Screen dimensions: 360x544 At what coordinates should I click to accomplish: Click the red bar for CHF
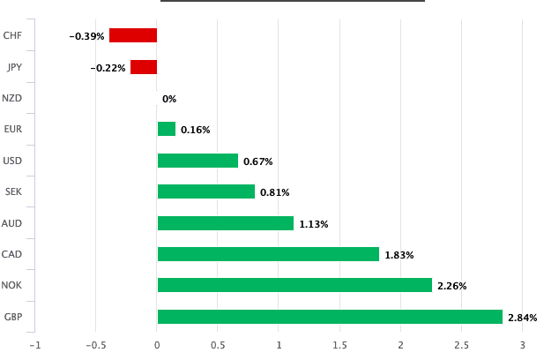(133, 35)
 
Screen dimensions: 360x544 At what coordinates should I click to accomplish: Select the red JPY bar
(144, 67)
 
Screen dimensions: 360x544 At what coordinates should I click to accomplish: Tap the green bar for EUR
(167, 129)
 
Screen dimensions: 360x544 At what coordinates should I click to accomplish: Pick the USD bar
(197, 161)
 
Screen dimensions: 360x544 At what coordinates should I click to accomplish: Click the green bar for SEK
(206, 191)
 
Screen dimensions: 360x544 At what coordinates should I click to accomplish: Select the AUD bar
(226, 223)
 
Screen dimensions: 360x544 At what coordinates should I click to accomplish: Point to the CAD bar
(268, 254)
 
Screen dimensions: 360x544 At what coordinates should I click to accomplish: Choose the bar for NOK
(294, 285)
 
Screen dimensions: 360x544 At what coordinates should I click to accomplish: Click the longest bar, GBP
(330, 317)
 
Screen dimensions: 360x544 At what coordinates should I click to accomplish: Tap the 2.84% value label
(523, 318)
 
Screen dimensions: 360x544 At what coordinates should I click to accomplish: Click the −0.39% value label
(87, 36)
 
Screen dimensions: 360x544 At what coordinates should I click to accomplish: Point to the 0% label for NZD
(169, 99)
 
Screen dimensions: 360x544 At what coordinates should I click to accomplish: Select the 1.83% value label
(399, 255)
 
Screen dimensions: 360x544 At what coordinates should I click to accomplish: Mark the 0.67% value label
(258, 161)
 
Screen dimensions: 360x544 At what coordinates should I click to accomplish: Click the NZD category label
(12, 98)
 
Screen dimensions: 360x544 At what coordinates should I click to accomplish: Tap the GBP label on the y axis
(12, 317)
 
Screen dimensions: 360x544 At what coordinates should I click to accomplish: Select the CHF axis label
(12, 35)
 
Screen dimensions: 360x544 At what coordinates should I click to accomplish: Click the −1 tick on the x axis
(34, 344)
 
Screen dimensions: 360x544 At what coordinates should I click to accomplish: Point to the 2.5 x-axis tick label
(461, 344)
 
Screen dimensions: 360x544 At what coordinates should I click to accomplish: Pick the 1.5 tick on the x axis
(339, 344)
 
